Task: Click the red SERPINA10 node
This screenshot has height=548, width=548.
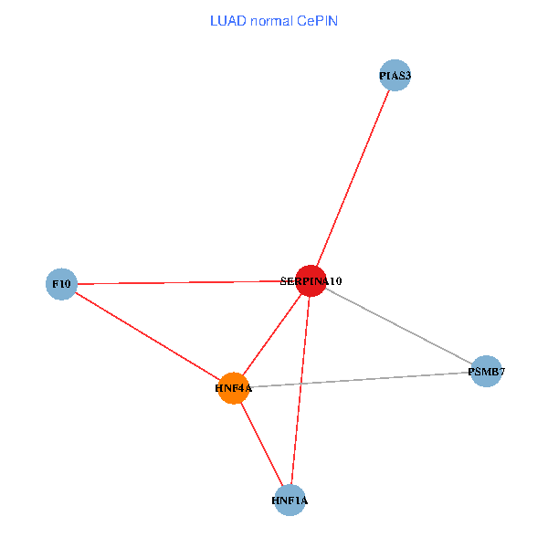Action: pyautogui.click(x=311, y=281)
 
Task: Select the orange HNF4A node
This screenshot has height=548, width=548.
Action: pyautogui.click(x=234, y=388)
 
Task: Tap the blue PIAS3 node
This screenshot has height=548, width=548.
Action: pyautogui.click(x=395, y=76)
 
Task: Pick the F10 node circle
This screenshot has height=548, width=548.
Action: pyautogui.click(x=61, y=284)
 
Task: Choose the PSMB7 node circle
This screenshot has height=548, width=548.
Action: pyautogui.click(x=486, y=372)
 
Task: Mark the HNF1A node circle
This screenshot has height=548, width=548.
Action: pyautogui.click(x=290, y=501)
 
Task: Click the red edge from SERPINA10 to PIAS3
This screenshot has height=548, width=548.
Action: pyautogui.click(x=353, y=178)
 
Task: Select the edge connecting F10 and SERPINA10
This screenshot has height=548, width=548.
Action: pyautogui.click(x=183, y=283)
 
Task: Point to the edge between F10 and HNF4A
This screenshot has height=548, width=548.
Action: pyautogui.click(x=146, y=335)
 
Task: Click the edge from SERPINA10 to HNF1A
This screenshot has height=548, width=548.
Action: pyautogui.click(x=300, y=393)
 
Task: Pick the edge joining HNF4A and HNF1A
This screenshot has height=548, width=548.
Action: pyautogui.click(x=262, y=444)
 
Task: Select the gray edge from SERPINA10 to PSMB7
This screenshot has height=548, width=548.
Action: pyautogui.click(x=398, y=326)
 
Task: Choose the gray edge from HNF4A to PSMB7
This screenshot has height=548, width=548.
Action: pyautogui.click(x=360, y=380)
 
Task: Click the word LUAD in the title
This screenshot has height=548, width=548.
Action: pyautogui.click(x=228, y=20)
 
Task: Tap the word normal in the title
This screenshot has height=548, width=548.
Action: pyautogui.click(x=273, y=20)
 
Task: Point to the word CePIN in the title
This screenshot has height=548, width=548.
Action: pyautogui.click(x=318, y=20)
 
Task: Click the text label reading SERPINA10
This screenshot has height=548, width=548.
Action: pyautogui.click(x=311, y=281)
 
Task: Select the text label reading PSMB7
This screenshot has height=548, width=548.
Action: pyautogui.click(x=486, y=372)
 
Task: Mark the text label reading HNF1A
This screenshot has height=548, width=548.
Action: pyautogui.click(x=290, y=501)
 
